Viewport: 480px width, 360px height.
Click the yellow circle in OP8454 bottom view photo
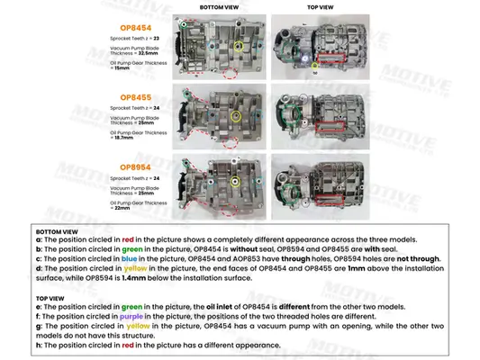point(238,45)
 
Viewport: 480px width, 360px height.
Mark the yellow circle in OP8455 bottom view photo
point(236,114)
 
